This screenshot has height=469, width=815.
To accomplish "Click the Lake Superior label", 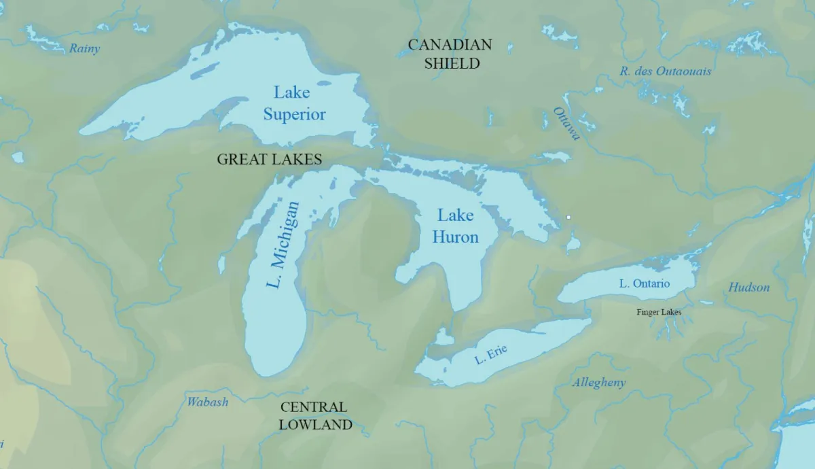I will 294,103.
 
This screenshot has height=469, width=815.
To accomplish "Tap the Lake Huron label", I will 455,226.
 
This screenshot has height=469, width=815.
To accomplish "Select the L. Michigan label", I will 283,245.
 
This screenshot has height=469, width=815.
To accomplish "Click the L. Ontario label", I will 644,283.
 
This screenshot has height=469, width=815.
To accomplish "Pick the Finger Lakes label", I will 658,312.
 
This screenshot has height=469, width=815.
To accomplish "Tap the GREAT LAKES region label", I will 269,159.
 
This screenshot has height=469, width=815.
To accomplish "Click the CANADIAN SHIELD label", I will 450,54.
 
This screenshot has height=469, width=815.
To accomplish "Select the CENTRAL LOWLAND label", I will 316,416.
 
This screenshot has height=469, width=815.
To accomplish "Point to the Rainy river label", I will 84,48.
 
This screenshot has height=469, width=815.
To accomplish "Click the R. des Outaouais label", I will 665,71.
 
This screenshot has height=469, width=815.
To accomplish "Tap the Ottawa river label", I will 566,123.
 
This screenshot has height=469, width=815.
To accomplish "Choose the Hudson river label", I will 749,288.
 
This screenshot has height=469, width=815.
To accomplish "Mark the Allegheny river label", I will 598,383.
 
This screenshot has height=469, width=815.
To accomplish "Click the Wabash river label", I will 208,402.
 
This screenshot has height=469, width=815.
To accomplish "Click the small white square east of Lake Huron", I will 568,218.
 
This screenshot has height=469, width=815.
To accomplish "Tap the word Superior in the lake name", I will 294,114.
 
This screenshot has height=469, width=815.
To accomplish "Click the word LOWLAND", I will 316,425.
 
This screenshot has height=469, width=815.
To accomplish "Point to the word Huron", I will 455,237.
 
